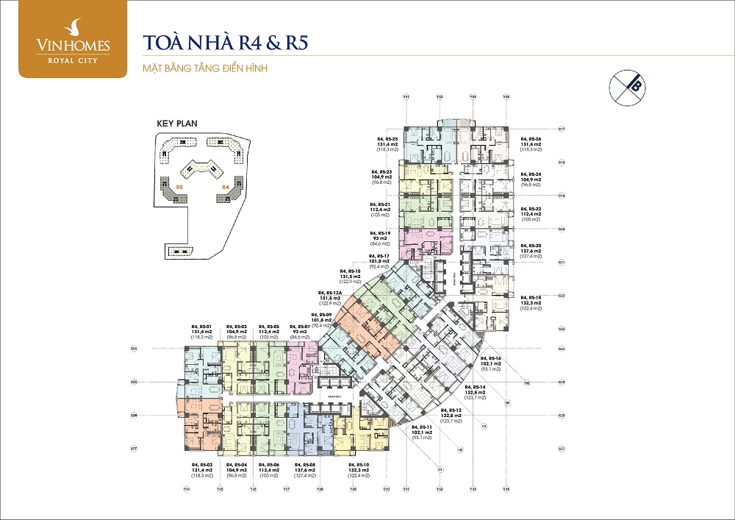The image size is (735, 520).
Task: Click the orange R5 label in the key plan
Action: [x=179, y=188]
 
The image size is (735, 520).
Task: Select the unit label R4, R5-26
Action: [x=531, y=138]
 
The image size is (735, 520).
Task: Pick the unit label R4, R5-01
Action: [x=201, y=326]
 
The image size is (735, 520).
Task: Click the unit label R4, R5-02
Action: [x=201, y=465]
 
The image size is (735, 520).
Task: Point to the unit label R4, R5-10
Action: [x=358, y=465]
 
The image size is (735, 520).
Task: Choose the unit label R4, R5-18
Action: [x=531, y=297]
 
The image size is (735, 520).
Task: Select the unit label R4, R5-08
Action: [x=305, y=465]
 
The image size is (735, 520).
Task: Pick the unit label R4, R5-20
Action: [x=531, y=245]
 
